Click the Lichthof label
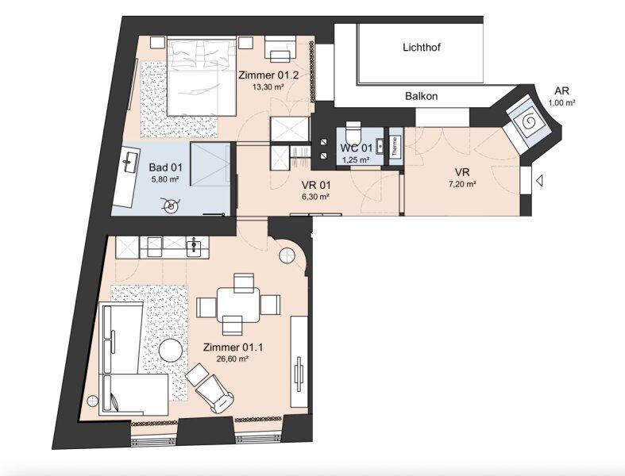pos(422,48)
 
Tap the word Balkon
pos(422,96)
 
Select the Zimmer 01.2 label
pos(268,75)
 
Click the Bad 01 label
pos(165,167)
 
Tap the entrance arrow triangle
pos(539,181)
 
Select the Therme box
pos(395,146)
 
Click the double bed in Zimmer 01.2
pos(202,75)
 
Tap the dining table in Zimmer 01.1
pos(238,305)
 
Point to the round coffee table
pos(171,351)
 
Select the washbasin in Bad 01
pos(128,161)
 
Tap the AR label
pos(561,90)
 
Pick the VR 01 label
pos(316,185)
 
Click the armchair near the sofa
pos(210,389)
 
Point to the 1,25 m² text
pos(356,159)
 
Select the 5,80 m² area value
pos(165,179)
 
